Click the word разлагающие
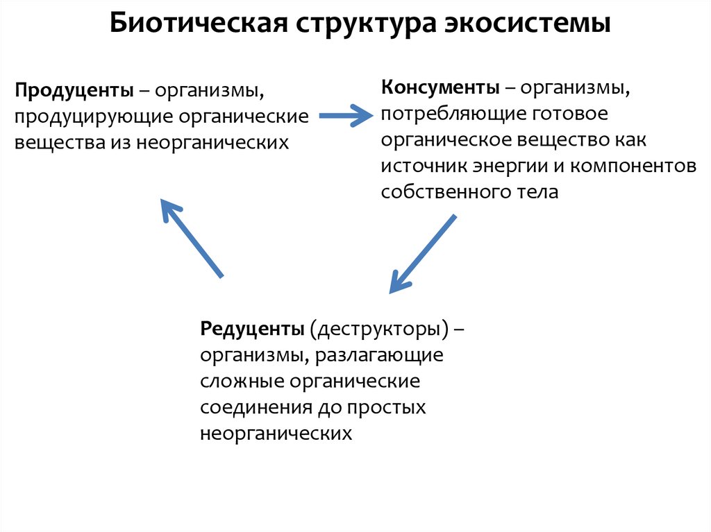tap(378, 355)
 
